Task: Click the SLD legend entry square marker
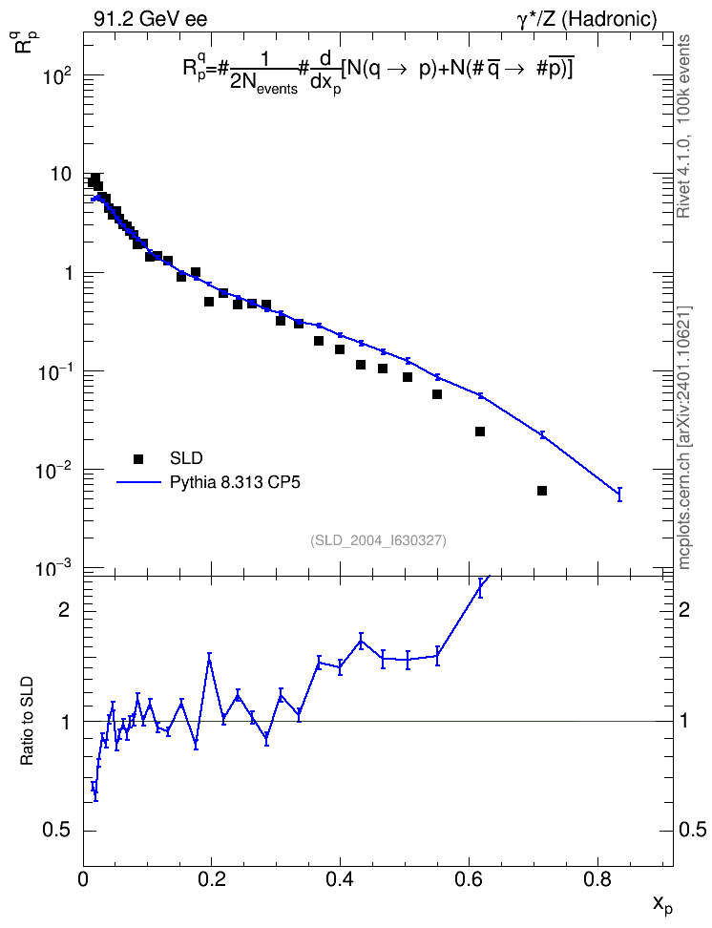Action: (138, 458)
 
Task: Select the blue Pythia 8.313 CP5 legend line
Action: (139, 482)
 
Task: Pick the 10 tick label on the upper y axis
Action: (61, 175)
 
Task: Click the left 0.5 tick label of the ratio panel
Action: (56, 831)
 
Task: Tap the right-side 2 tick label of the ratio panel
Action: (684, 610)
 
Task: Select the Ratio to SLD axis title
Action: (28, 720)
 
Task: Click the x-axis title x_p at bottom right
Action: (662, 905)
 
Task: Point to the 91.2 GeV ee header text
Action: (151, 19)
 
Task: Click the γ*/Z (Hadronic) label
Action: (587, 19)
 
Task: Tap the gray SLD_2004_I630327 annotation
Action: (378, 540)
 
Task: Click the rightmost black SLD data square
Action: (541, 491)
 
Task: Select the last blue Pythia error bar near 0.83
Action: (619, 495)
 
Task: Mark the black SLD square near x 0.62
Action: (480, 432)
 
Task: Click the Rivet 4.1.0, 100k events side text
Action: (684, 126)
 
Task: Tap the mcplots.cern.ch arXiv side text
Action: (684, 438)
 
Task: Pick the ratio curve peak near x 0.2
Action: (210, 660)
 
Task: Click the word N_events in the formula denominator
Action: (264, 86)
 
